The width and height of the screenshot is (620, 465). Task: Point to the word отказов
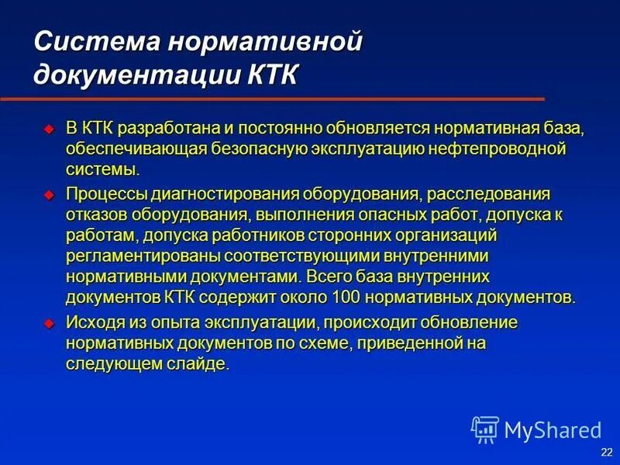(92, 213)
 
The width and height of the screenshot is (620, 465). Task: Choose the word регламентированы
(129, 256)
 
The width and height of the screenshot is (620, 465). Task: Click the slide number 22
(605, 452)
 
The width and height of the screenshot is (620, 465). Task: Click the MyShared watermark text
(552, 429)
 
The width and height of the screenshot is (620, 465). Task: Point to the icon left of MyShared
(484, 429)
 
